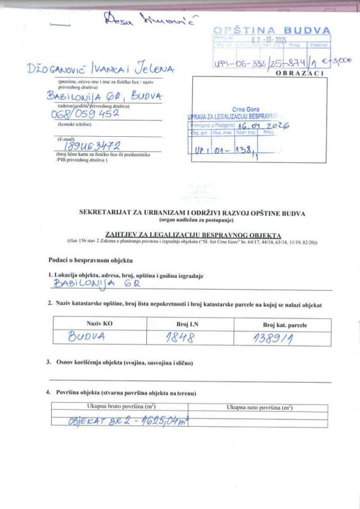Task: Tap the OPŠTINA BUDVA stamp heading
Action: (271, 30)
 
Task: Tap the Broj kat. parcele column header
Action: (285, 324)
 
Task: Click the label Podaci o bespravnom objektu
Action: (90, 260)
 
